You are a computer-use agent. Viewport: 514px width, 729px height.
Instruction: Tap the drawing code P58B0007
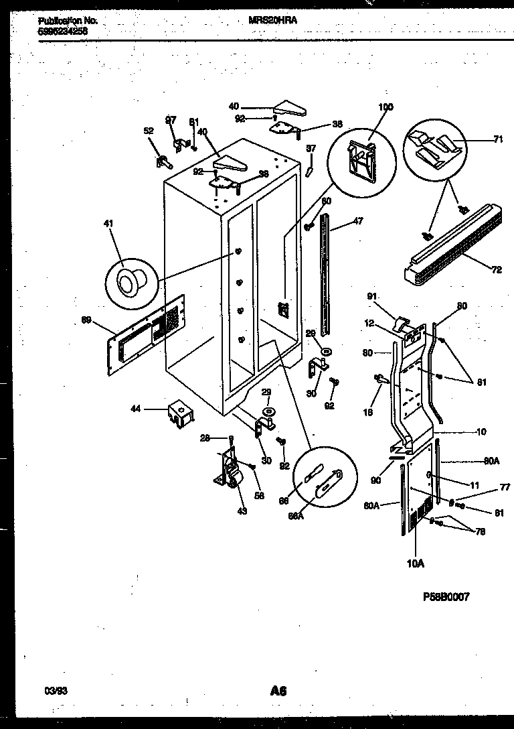pyautogui.click(x=446, y=597)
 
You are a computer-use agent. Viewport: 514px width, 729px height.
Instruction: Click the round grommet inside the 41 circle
pyautogui.click(x=127, y=285)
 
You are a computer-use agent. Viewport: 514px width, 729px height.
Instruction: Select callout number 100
pyautogui.click(x=385, y=107)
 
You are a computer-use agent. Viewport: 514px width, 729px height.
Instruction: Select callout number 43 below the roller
pyautogui.click(x=241, y=511)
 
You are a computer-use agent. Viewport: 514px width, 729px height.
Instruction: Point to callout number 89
pyautogui.click(x=86, y=320)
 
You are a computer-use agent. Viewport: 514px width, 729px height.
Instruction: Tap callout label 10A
pyautogui.click(x=415, y=564)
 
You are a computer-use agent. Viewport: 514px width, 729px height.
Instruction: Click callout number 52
pyautogui.click(x=149, y=131)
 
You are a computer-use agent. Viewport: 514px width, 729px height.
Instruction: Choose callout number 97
pyautogui.click(x=171, y=120)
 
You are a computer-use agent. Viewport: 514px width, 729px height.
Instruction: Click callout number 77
pyautogui.click(x=486, y=488)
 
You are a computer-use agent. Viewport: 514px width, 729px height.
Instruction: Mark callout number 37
pyautogui.click(x=311, y=148)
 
